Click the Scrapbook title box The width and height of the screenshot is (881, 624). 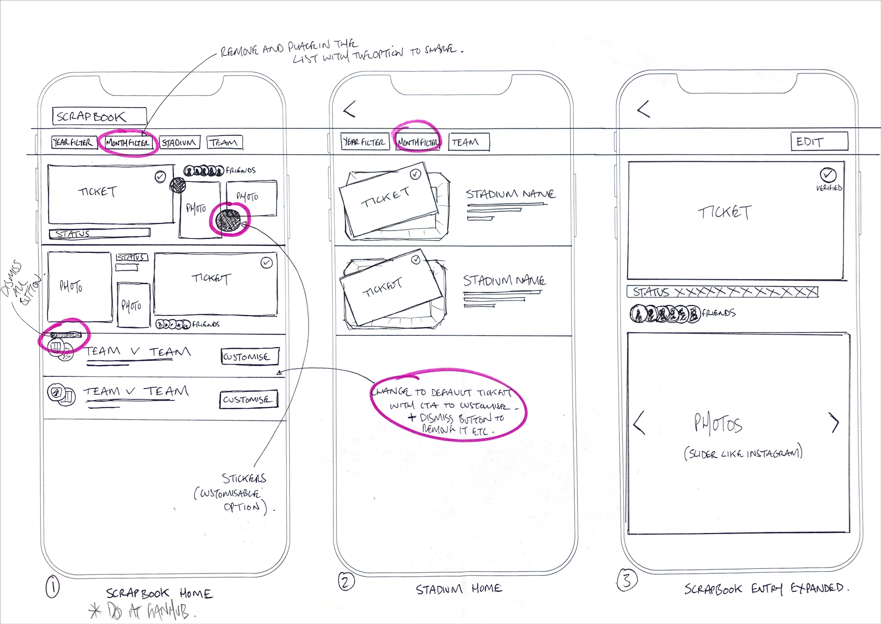coord(99,116)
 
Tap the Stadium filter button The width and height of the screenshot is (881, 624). coord(179,142)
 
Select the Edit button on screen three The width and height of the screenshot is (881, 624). coord(819,141)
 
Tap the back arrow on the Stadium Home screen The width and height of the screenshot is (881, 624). coord(349,109)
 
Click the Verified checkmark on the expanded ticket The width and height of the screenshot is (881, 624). coord(828,175)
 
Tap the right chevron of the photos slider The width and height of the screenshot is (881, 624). coord(835,423)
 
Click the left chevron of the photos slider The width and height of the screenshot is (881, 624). coord(639,423)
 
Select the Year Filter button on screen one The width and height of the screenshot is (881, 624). coord(72,142)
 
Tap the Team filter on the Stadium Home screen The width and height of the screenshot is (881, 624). coord(468,142)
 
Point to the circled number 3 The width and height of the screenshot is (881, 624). coord(627,580)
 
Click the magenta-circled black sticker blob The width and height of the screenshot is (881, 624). coord(229,220)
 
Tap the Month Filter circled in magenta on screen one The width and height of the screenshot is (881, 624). coord(128,143)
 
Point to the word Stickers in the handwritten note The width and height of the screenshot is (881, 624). coord(244,478)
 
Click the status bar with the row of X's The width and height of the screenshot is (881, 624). coord(723,292)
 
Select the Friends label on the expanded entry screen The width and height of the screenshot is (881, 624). coord(718,313)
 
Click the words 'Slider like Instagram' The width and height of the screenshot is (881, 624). coord(743,453)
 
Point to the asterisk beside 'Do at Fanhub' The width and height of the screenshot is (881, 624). coord(95,611)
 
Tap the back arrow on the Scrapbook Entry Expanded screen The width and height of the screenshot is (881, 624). coord(643,109)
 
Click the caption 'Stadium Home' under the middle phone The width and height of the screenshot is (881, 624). coord(459,589)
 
